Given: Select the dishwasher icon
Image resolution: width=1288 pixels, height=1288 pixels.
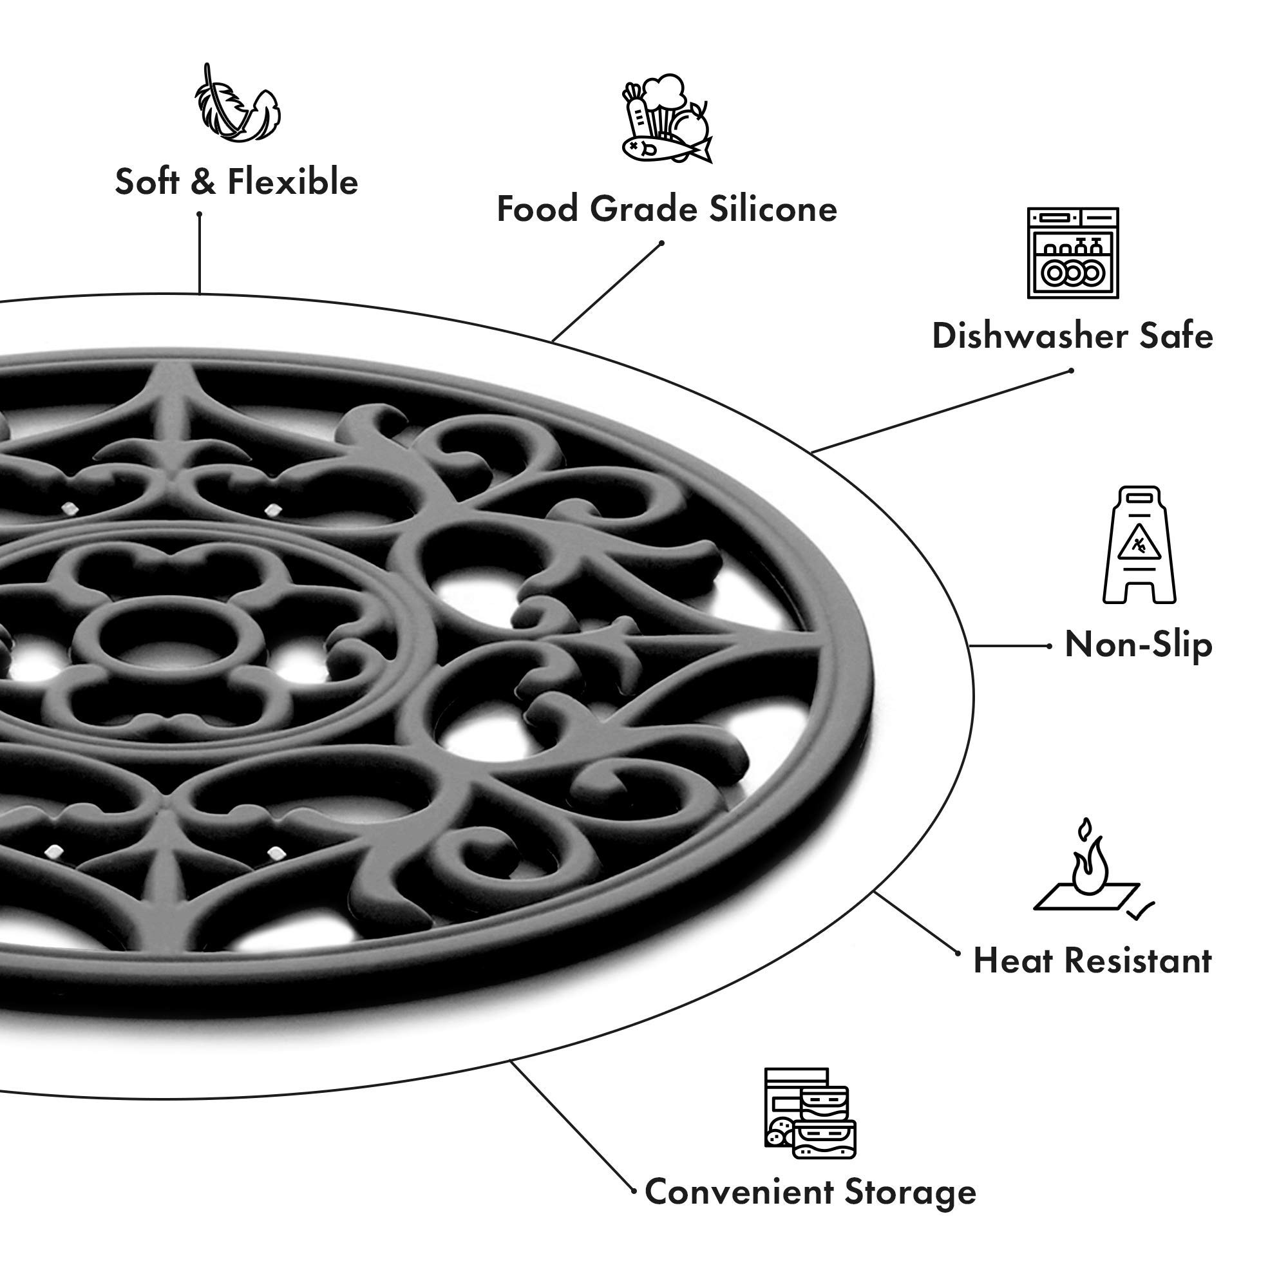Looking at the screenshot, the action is point(1073,253).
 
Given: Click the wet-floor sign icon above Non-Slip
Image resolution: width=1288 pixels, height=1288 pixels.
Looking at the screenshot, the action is point(1139,545).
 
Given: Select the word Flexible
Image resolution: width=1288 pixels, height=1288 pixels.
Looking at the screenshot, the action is point(292,182).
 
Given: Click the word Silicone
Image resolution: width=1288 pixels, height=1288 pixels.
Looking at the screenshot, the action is point(773,209).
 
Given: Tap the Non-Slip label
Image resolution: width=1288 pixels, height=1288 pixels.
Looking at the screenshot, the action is point(1138,645).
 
